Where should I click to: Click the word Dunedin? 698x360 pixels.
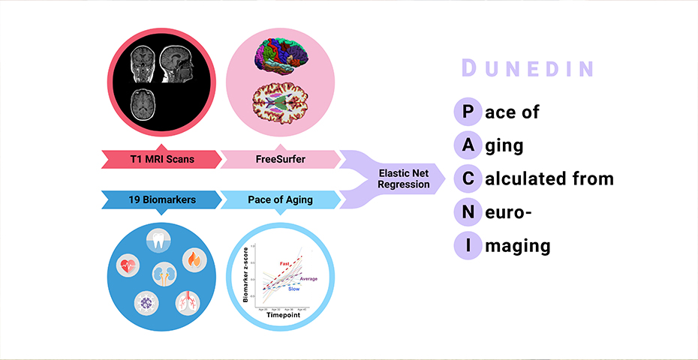point(528,69)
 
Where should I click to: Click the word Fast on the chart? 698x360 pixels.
point(285,263)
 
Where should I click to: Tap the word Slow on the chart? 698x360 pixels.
point(294,289)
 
